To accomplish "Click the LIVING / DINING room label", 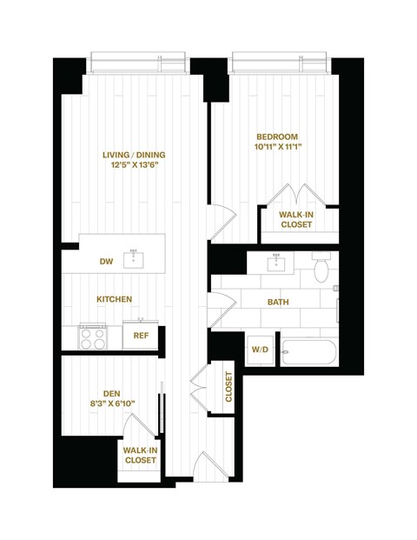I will point(134,155).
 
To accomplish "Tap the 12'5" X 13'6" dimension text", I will point(134,167).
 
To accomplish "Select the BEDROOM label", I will point(277,137).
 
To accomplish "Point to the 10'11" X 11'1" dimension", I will point(277,149).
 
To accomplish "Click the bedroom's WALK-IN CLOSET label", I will point(296,219).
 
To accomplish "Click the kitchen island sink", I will point(134,259).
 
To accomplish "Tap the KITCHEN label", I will point(114,299).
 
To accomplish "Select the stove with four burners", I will point(92,336).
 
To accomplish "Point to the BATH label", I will point(278,302).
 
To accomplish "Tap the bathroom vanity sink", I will point(277,263).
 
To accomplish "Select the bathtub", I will point(310,351).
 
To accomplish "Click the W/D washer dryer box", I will point(260,350).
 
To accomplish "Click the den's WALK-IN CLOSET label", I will point(141,455).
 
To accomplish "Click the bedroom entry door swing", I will point(222,222).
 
